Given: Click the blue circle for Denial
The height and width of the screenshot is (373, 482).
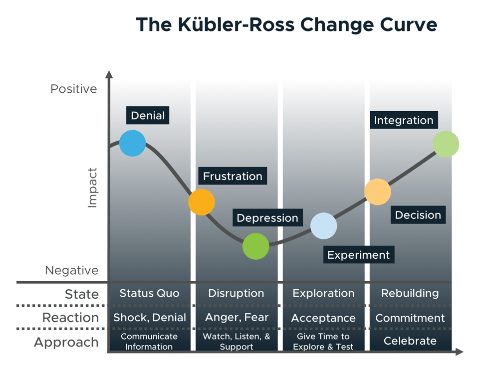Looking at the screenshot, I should pos(132,143).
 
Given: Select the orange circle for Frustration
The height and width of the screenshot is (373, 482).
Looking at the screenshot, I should pos(202,202).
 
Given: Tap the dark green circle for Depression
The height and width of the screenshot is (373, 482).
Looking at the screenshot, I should pos(255,246).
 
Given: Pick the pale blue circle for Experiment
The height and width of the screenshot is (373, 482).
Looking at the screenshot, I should pos(324,226).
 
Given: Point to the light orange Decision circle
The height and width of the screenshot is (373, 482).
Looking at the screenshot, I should pos(377,191).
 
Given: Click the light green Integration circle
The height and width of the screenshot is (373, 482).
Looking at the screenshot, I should pos(446,144).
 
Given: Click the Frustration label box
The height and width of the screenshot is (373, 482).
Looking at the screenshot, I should pos(233,176).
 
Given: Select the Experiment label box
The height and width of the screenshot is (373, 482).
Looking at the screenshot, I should pos(358,255).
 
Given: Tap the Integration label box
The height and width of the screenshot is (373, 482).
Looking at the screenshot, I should pos(404,120).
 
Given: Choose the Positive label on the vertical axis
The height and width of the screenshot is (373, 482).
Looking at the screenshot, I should pos(74,89).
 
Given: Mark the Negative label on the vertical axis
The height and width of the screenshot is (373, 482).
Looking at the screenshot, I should pos(72,270).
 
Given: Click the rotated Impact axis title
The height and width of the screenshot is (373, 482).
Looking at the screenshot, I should pos(92,187).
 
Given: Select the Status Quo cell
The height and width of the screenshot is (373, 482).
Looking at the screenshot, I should pos(149,293).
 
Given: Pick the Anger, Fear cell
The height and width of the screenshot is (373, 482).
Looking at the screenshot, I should pos(237,318).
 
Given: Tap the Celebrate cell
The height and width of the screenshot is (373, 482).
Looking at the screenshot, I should pos(410,341).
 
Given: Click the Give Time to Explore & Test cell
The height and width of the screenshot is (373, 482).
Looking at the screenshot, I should pos(323,342).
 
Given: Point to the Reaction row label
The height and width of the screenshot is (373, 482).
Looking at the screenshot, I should pos(70,318).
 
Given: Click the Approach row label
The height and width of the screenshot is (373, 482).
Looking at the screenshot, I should pos(66,343).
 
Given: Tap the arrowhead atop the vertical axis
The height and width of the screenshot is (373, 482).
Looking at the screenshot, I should pos(109,74).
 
